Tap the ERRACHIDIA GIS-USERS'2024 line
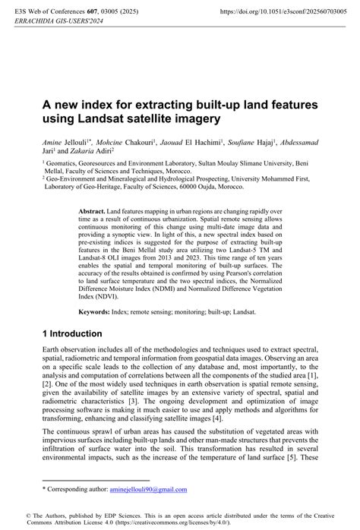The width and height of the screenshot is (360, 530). (60, 24)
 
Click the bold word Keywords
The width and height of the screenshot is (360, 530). (95, 312)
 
